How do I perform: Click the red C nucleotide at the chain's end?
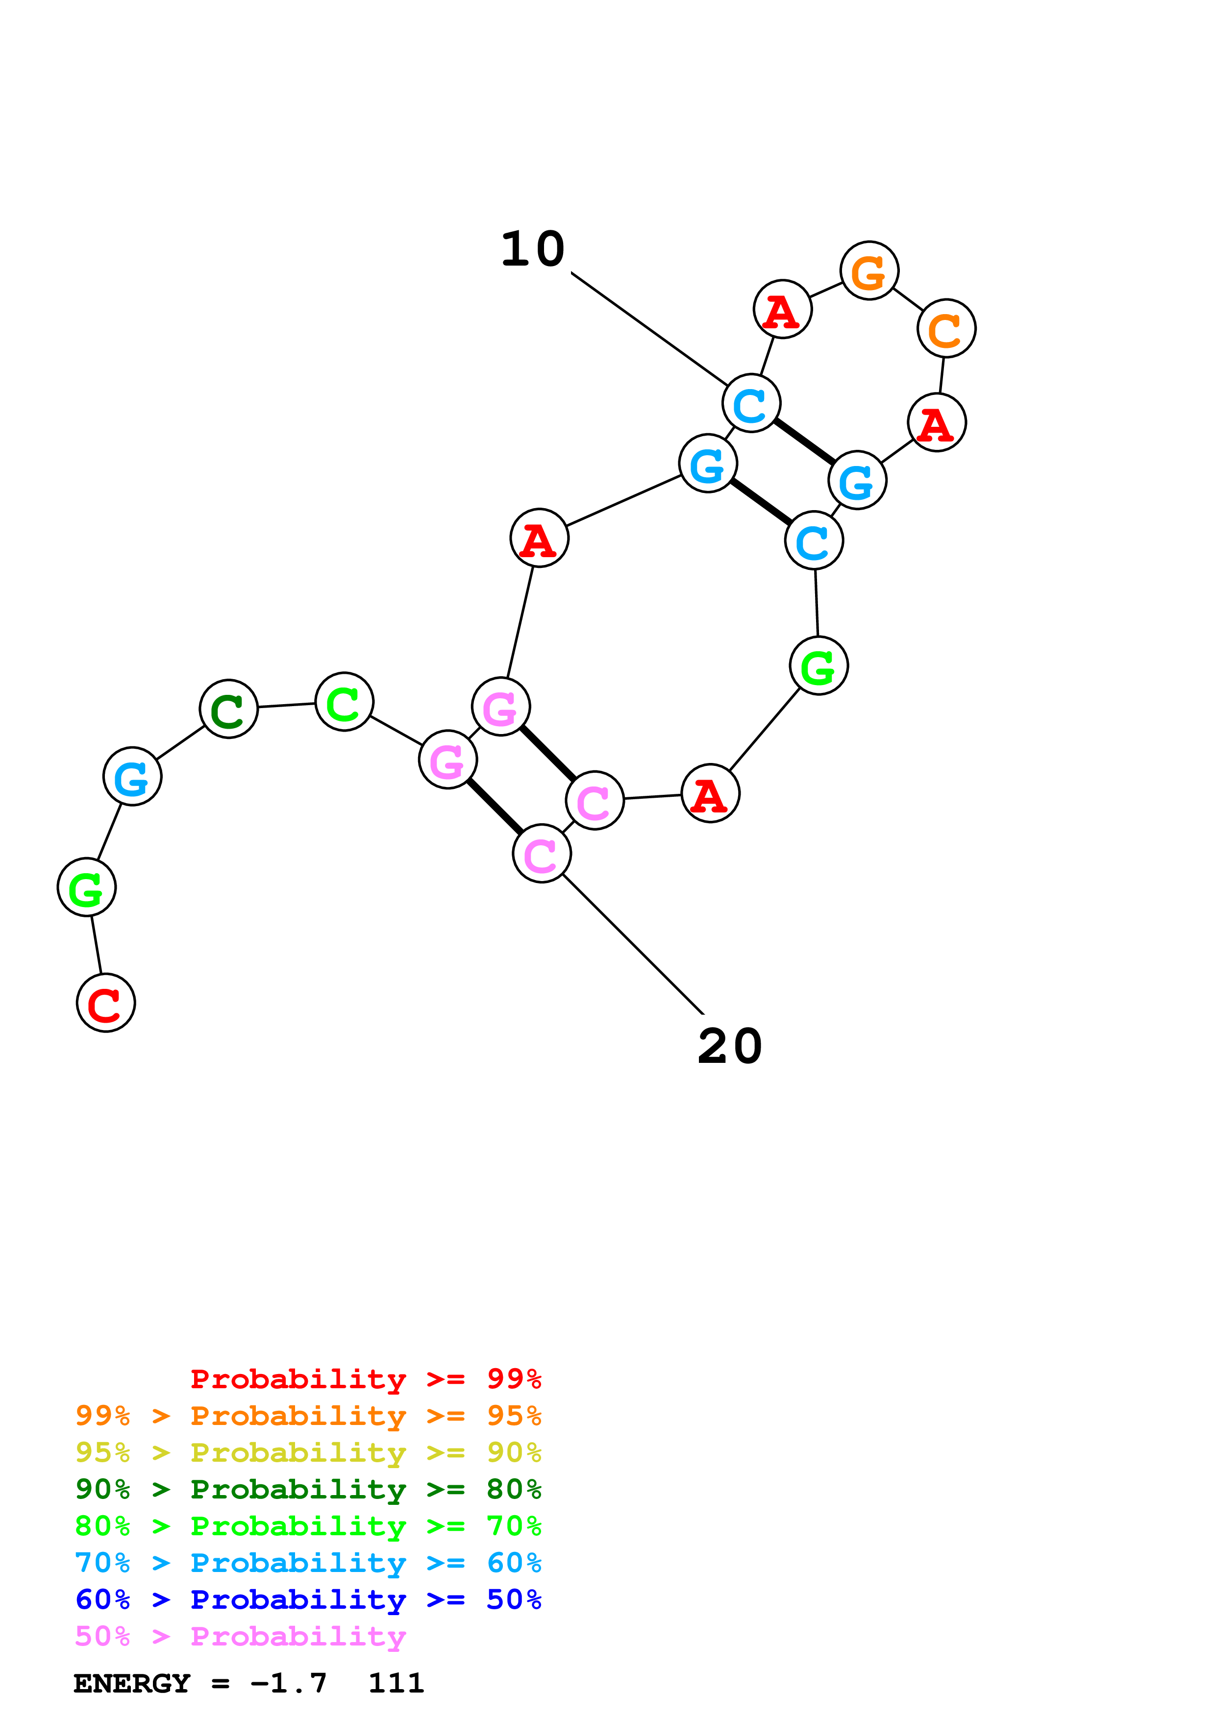tap(105, 1003)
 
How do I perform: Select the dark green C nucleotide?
tap(228, 709)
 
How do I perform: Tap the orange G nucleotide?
tap(868, 271)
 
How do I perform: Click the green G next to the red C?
tap(87, 887)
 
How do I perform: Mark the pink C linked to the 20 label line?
tap(541, 854)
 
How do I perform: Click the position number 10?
tap(532, 249)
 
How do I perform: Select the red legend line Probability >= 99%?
tap(365, 1378)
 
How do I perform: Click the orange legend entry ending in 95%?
tap(308, 1416)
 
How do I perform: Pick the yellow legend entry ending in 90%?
tap(308, 1452)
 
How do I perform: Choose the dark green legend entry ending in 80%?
tap(308, 1489)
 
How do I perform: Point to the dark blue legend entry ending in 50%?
tap(308, 1599)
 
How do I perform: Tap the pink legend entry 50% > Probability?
tap(240, 1637)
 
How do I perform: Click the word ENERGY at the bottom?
tap(132, 1684)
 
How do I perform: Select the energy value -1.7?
tap(289, 1684)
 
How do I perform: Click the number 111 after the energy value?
tap(396, 1684)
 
